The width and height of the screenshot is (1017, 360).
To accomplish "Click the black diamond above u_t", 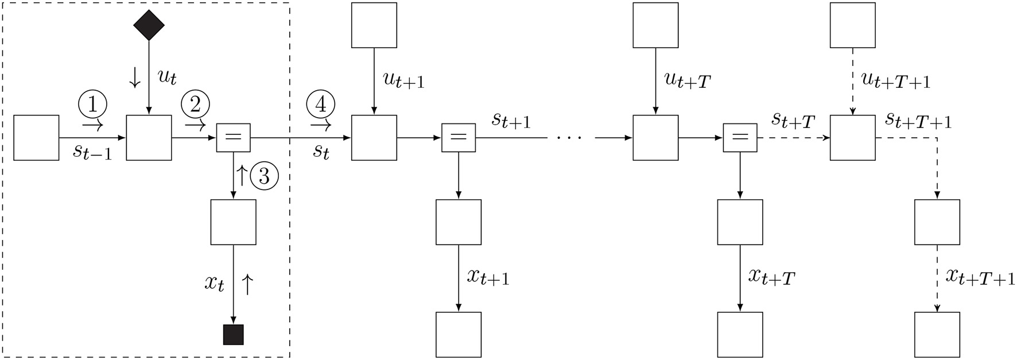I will click(x=149, y=25).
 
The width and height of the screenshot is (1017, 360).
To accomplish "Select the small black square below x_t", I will click(x=233, y=335).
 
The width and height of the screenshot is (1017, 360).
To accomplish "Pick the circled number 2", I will click(x=195, y=105).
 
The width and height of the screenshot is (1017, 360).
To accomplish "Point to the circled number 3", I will click(x=264, y=176).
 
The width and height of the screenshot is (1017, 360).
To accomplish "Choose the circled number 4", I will click(x=321, y=105).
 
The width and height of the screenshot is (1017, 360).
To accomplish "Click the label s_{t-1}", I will click(x=92, y=152).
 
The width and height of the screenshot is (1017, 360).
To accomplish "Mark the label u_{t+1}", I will click(x=403, y=80).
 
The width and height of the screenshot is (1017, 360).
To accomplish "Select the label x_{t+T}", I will click(x=771, y=277).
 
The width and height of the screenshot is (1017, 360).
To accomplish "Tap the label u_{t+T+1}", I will click(x=896, y=80).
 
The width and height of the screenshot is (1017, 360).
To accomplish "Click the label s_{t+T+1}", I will click(x=918, y=121).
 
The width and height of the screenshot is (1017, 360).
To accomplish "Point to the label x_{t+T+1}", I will click(x=980, y=277).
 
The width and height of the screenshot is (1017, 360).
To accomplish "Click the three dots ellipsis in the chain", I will click(x=569, y=138).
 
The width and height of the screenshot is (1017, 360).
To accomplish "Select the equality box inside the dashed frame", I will click(x=233, y=138).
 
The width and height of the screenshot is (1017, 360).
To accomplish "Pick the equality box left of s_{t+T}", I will click(x=740, y=138).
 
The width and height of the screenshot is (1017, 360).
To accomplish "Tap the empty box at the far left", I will click(x=36, y=138).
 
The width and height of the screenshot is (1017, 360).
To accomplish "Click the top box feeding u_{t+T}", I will click(x=655, y=25).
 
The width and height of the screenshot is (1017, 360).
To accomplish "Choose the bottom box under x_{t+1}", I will click(x=458, y=335).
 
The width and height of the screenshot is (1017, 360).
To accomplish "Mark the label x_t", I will click(x=214, y=283).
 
